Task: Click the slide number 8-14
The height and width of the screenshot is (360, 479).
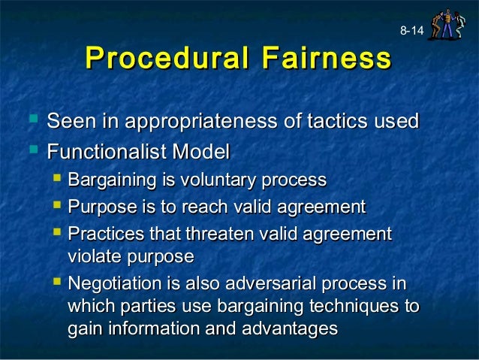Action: click(x=411, y=32)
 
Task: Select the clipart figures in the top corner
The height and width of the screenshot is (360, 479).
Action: click(x=447, y=24)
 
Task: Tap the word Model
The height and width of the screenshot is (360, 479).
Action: click(x=200, y=152)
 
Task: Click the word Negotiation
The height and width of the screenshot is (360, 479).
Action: click(x=113, y=285)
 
